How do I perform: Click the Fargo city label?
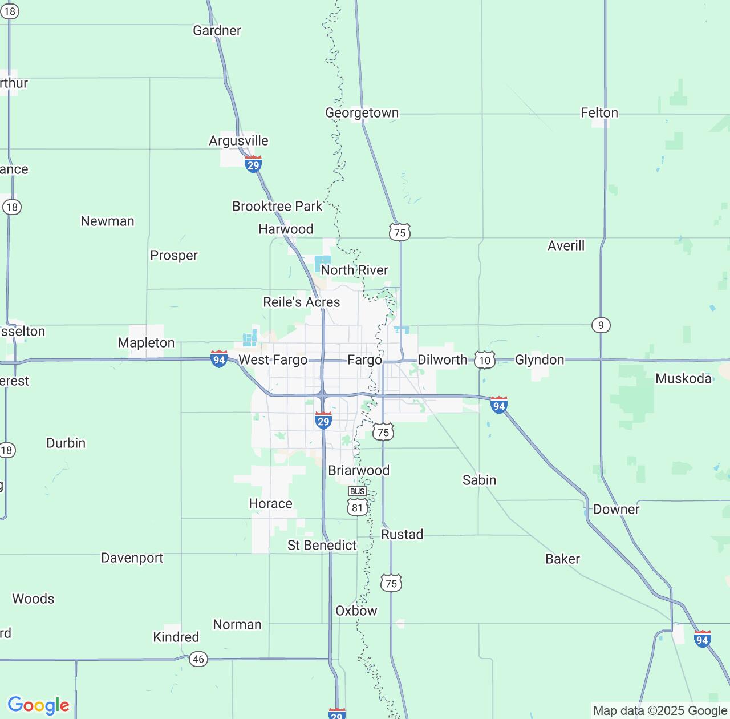click(364, 360)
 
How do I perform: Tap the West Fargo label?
click(273, 360)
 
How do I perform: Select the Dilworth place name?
click(442, 360)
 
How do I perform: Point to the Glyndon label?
click(539, 360)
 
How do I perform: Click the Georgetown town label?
click(362, 113)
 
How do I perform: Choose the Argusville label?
click(238, 141)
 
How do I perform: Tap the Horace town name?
click(270, 504)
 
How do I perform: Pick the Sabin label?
click(479, 480)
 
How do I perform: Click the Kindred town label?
click(176, 637)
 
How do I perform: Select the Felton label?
click(599, 113)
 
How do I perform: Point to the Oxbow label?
click(356, 611)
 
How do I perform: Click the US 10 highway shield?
click(484, 360)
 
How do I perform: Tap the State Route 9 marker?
click(601, 325)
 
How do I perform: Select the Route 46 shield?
click(198, 659)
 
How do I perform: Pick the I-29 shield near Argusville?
click(253, 165)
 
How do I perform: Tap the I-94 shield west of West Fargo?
click(219, 359)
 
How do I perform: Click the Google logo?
click(38, 705)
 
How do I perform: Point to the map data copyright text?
click(660, 711)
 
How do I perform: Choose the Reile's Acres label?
click(301, 302)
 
